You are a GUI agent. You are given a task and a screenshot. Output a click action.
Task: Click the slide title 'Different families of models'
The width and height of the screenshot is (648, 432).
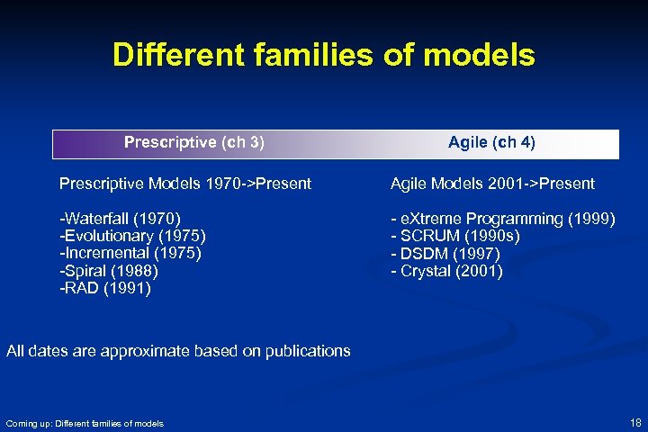pyautogui.click(x=323, y=56)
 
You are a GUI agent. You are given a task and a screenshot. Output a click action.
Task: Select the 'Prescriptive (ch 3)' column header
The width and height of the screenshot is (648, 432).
pyautogui.click(x=193, y=142)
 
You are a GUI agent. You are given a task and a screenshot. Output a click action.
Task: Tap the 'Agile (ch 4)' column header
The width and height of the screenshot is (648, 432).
pyautogui.click(x=491, y=142)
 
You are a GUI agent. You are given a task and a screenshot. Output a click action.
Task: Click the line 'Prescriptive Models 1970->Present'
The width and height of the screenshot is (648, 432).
pyautogui.click(x=184, y=184)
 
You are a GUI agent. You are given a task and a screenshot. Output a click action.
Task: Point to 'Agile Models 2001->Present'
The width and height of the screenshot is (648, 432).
pyautogui.click(x=491, y=184)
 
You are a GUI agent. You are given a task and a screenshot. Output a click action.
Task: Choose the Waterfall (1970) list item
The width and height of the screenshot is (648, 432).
pyautogui.click(x=120, y=219)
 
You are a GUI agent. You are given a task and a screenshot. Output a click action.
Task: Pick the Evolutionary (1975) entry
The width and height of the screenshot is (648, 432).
pyautogui.click(x=132, y=236)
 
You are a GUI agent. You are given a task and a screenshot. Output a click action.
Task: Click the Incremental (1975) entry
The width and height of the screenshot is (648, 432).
pyautogui.click(x=130, y=253)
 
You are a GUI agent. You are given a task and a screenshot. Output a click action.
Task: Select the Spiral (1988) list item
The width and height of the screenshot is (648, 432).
pyautogui.click(x=108, y=271)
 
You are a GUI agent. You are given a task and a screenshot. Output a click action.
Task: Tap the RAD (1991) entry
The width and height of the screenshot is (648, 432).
pyautogui.click(x=104, y=289)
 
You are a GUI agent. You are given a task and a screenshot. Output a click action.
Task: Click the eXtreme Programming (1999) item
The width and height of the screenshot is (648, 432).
pyautogui.click(x=502, y=219)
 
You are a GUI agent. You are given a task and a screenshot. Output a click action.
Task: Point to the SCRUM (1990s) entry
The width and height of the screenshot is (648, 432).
pyautogui.click(x=454, y=236)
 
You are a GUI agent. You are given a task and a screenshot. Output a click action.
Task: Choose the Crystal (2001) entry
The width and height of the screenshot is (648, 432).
pyautogui.click(x=446, y=271)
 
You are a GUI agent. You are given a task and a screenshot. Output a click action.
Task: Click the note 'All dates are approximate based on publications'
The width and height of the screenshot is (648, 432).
pyautogui.click(x=178, y=351)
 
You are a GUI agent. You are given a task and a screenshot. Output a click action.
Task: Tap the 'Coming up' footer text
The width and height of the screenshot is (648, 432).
pyautogui.click(x=85, y=423)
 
